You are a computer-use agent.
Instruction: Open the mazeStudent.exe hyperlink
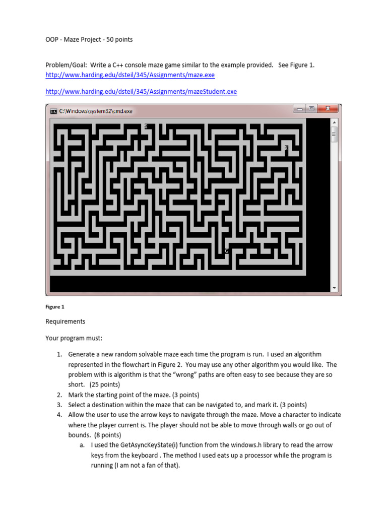141,91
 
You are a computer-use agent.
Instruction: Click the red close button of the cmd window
329,108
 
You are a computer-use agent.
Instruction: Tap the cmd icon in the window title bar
53,111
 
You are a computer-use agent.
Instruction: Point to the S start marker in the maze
146,126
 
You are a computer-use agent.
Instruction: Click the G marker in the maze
227,250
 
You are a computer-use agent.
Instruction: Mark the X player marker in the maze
286,148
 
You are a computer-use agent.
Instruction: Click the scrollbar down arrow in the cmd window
334,288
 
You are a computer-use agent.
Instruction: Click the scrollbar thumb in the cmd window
334,135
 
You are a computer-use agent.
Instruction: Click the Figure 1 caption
55,306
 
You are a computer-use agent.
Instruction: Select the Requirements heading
66,321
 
